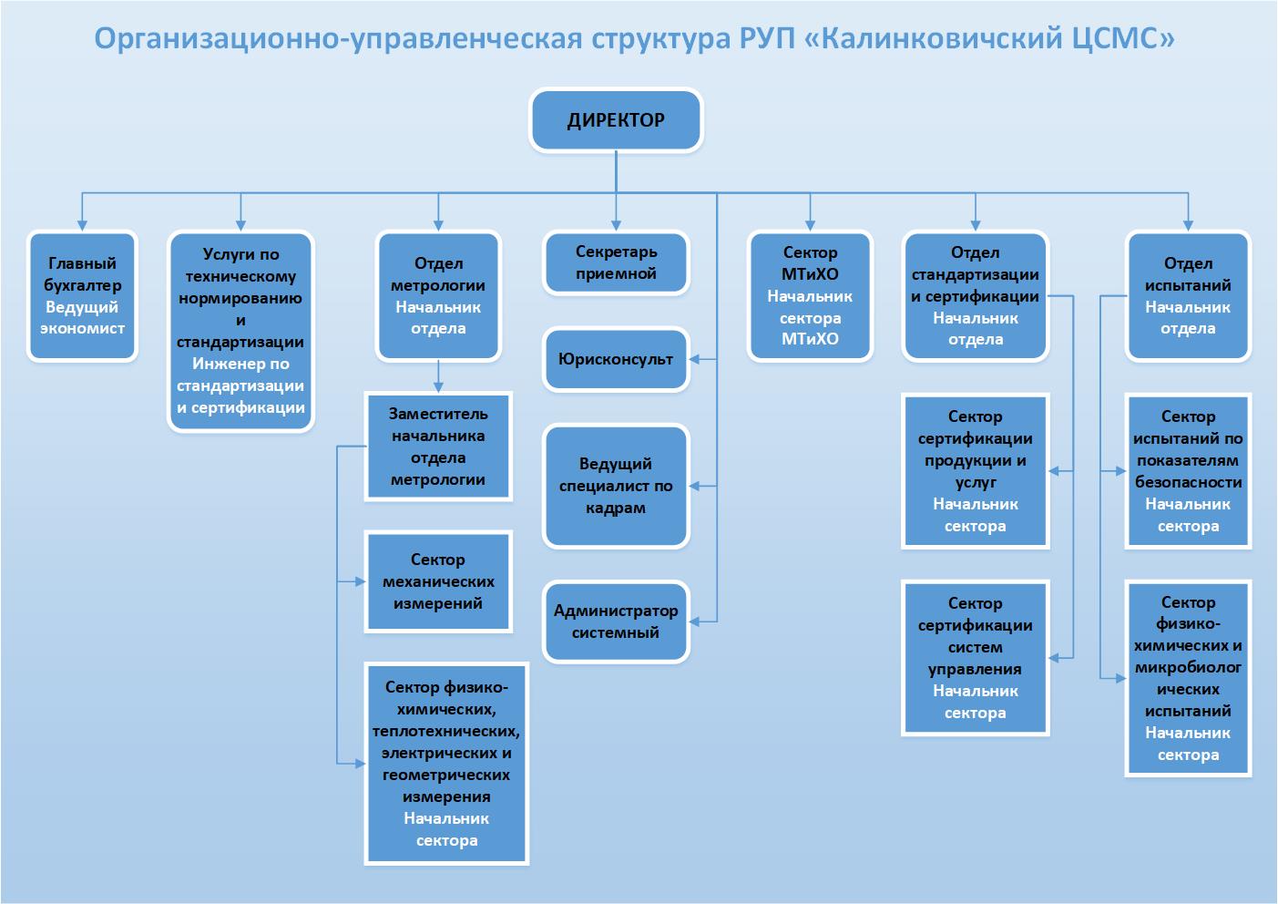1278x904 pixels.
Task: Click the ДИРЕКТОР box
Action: coord(616,120)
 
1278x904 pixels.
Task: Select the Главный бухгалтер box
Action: coord(82,295)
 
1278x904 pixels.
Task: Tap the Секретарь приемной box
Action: coord(616,262)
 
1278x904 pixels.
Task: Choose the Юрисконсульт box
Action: coord(616,359)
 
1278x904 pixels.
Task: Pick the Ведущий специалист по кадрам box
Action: coord(616,486)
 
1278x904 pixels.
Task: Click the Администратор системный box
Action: coord(616,621)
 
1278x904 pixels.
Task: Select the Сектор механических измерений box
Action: coord(438,581)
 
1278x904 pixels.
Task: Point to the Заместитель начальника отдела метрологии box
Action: coord(438,447)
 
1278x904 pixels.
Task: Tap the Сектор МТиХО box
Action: coord(810,295)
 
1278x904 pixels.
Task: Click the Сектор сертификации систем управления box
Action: coord(975,658)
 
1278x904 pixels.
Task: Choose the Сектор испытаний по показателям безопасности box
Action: coord(1188,471)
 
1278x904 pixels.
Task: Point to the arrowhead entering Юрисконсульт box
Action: coord(694,360)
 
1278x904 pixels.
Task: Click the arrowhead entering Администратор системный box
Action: coord(694,621)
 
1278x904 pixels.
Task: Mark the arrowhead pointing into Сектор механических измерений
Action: coord(361,581)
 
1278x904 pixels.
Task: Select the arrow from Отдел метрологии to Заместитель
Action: coord(438,376)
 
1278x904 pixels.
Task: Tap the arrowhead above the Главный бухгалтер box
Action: coord(82,226)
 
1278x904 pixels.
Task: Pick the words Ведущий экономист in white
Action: coord(82,317)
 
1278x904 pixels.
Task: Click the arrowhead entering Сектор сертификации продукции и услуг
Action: coord(1054,471)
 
